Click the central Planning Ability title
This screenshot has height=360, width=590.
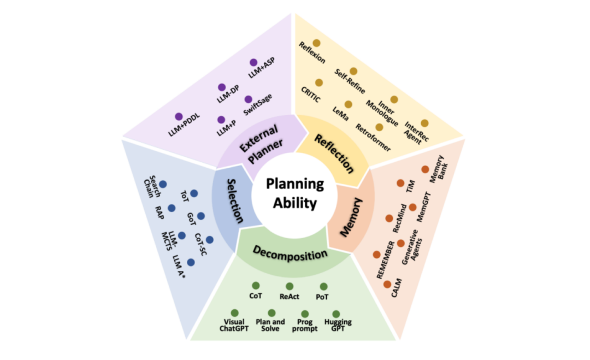point(295,194)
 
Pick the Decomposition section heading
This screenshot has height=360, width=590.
point(290,253)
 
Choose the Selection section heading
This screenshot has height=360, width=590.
point(235,202)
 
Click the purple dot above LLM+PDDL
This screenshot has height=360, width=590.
point(179,117)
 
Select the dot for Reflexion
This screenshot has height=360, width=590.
point(316,43)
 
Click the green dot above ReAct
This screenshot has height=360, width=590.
point(290,286)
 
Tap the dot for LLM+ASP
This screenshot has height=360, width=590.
point(253,63)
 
